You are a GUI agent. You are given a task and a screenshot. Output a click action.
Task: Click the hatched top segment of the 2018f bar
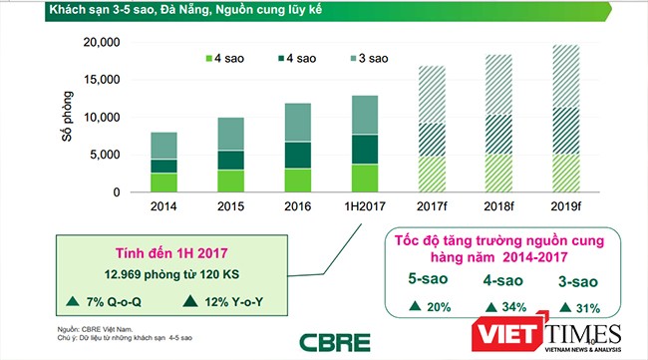pyautogui.click(x=497, y=85)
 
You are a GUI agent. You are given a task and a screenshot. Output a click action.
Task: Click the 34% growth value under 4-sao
pyautogui.click(x=492, y=304)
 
